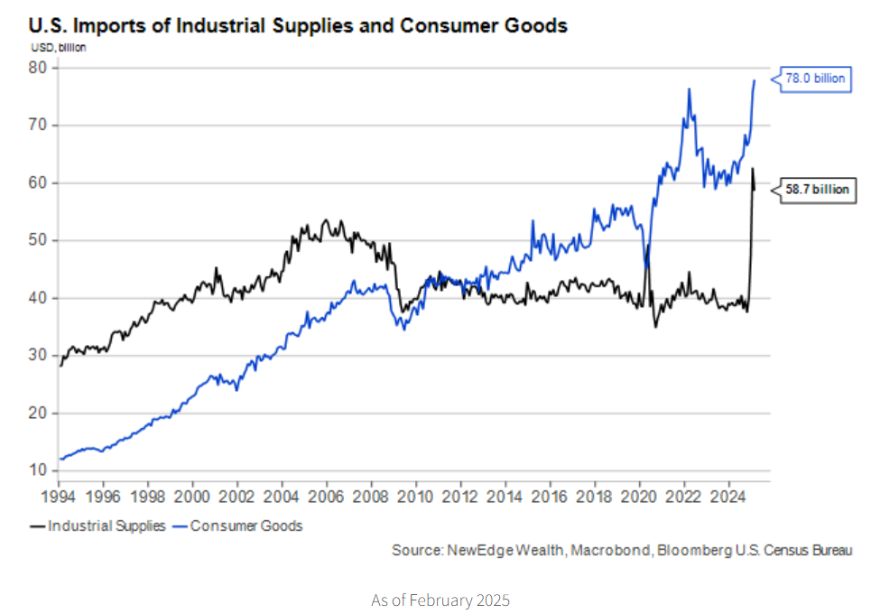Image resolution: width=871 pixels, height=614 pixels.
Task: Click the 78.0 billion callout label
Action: coord(816,79)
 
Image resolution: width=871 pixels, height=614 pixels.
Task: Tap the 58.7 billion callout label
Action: coord(816,191)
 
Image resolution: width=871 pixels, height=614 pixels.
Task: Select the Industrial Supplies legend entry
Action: coord(98,526)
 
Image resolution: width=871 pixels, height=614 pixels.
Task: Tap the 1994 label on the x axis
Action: coord(60,496)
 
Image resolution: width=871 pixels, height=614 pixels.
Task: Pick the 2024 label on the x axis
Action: coord(727,496)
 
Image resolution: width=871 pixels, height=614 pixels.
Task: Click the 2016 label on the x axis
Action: coord(548,496)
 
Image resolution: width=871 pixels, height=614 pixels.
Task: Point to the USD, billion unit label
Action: coord(59,47)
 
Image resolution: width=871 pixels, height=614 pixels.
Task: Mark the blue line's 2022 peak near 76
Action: coord(690,88)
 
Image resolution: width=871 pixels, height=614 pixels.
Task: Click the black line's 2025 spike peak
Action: coord(752,168)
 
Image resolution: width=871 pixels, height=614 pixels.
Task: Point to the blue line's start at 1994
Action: coord(60,459)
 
